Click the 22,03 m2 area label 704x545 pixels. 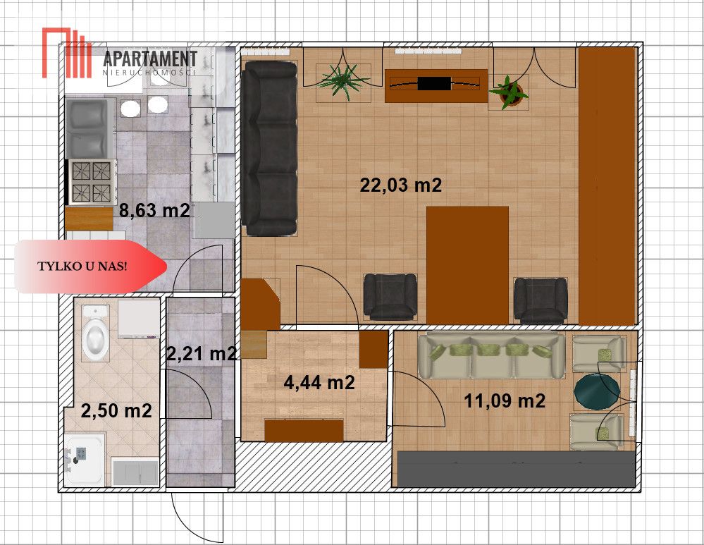point(400,185)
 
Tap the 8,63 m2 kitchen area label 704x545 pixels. point(154,210)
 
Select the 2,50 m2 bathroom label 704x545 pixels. point(116,410)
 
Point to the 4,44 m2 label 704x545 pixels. point(319,382)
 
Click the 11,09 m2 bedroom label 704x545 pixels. point(504,400)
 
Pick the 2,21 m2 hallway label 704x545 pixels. point(201,354)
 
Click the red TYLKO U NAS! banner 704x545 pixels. point(90,267)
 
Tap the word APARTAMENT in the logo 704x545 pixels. point(150,59)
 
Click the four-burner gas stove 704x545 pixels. point(92,182)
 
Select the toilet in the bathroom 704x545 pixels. point(96,333)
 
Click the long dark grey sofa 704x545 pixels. point(269,148)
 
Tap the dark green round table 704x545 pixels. point(597,391)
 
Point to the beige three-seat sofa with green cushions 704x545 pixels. point(491,355)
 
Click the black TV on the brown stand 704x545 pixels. point(434,84)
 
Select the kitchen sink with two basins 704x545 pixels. point(89,128)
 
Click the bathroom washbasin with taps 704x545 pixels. point(82,459)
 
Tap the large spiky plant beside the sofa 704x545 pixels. point(342,80)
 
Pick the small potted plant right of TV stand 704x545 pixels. point(510,93)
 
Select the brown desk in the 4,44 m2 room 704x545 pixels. point(304,430)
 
